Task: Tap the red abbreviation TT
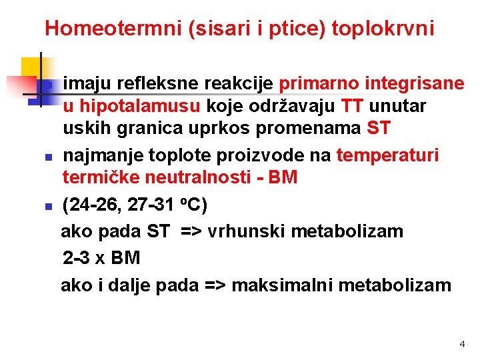click(x=352, y=106)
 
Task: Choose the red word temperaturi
click(x=387, y=156)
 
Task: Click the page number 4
click(x=461, y=344)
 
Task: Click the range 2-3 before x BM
click(x=78, y=258)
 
